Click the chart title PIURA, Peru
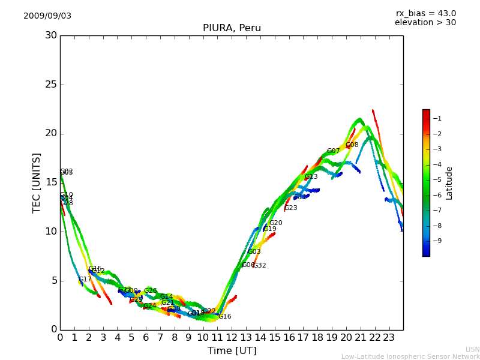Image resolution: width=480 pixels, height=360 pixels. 232,28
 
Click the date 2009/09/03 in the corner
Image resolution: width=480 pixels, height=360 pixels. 47,16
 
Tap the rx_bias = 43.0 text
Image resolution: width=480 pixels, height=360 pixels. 425,14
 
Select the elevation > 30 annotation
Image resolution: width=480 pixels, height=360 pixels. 425,23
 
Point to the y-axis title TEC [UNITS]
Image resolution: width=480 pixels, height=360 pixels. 37,182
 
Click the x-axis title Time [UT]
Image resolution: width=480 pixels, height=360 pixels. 232,351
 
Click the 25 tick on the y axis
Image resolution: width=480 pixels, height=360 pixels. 51,85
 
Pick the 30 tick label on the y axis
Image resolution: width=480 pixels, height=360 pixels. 51,35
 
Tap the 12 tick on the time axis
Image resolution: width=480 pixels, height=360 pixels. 232,338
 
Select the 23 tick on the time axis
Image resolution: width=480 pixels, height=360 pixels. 389,338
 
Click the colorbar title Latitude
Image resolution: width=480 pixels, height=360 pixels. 449,183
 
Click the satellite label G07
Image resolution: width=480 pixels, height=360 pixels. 333,151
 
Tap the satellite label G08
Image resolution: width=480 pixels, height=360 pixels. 352,145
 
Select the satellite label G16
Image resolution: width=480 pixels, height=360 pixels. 224,317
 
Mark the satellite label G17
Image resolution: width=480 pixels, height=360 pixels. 85,280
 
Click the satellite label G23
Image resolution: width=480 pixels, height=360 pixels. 290,208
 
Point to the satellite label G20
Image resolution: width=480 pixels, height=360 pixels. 275,223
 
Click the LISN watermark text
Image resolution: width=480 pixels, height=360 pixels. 472,349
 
